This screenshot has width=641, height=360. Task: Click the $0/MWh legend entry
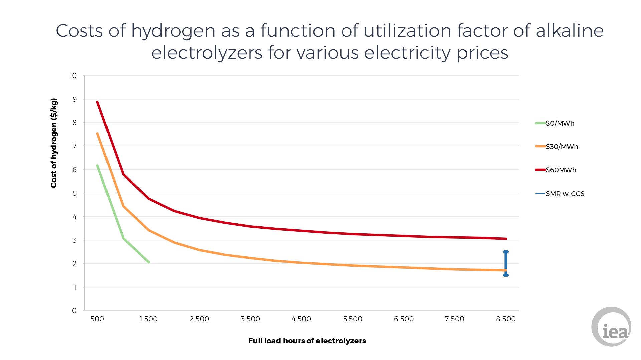click(x=560, y=123)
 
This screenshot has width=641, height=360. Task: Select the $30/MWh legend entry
click(x=562, y=147)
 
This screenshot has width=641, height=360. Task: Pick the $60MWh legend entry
click(x=561, y=170)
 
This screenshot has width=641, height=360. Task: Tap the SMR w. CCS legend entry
click(x=565, y=194)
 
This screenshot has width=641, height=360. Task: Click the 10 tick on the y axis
click(x=73, y=76)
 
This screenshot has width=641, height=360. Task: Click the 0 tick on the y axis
click(x=74, y=311)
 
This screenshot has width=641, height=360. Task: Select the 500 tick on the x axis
click(x=97, y=319)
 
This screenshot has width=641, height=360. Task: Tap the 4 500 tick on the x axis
click(x=301, y=319)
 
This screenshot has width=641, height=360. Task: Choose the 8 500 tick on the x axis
click(x=506, y=319)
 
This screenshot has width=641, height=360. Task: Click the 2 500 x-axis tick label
click(x=199, y=319)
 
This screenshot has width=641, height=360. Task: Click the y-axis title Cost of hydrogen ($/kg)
click(x=54, y=143)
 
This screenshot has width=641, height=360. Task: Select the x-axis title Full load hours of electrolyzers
click(x=307, y=341)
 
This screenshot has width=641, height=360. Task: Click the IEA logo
click(x=611, y=327)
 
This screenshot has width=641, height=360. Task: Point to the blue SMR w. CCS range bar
click(x=506, y=263)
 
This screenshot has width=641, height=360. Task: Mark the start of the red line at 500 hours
click(x=97, y=102)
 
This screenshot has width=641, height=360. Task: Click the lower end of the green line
click(x=149, y=262)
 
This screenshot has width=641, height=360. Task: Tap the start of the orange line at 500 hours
click(x=97, y=134)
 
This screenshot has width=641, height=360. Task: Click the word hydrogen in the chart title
click(x=173, y=31)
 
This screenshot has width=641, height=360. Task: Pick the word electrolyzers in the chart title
click(x=207, y=53)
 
